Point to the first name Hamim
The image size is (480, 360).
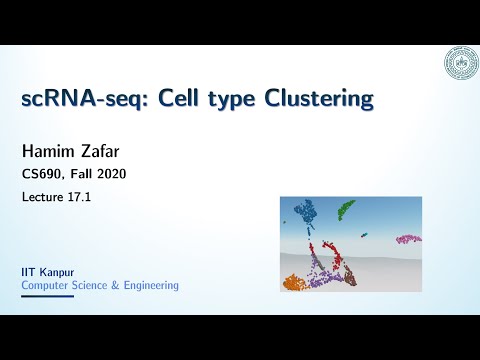coord(50,152)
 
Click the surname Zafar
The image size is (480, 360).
coord(106,152)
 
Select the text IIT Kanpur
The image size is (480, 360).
coord(47,271)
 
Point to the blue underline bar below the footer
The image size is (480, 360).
coord(47,296)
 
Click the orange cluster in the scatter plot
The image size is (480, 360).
coord(294,283)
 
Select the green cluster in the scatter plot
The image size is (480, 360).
coord(345,209)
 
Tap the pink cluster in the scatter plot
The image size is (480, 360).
coord(408,239)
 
